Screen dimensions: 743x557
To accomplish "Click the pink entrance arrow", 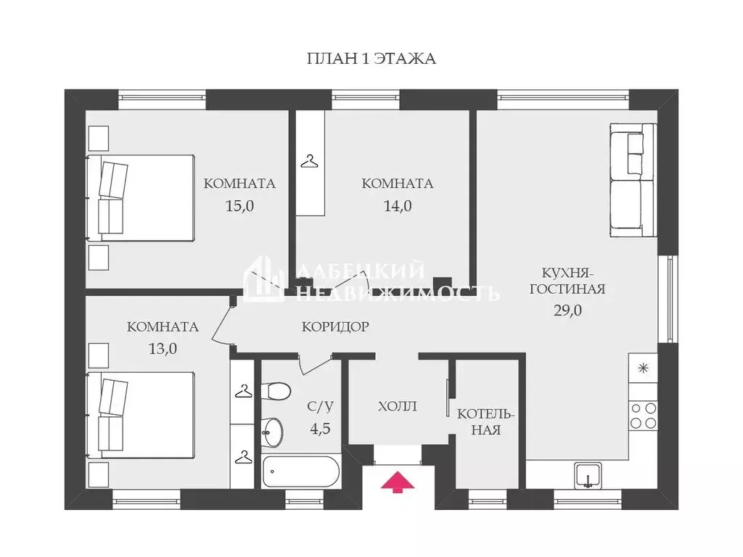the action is coord(398,482).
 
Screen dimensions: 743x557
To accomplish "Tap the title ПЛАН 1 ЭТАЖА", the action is coord(371,59).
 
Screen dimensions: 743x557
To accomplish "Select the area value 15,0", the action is coord(239,206).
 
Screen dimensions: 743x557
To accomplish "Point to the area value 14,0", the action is coord(398,206).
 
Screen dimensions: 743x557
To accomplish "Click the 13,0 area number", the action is coord(163,349).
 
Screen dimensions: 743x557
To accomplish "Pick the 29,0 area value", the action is coord(567,310).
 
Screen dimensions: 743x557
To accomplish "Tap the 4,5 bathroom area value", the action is coord(320,429).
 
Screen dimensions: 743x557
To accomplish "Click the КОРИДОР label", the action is coord(335,327).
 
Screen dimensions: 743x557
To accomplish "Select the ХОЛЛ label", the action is coord(398,406).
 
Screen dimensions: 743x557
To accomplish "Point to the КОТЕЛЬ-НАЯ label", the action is coord(485,422).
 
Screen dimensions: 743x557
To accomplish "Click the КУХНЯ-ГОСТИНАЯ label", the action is coord(567,281).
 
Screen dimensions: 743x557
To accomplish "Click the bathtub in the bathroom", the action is coord(301,471).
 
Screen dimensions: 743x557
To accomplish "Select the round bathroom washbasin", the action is coord(273,432).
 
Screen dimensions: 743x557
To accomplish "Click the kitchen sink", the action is coord(588,476).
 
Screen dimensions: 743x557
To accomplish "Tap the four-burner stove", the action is coord(644,416).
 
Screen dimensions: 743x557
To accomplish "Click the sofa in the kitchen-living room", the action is coord(633,180).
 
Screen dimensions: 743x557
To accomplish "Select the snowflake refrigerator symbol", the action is coord(643,368).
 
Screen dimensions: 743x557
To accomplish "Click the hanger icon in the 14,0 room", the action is coord(309,162).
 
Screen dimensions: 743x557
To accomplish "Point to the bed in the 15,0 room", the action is coord(140,198).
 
